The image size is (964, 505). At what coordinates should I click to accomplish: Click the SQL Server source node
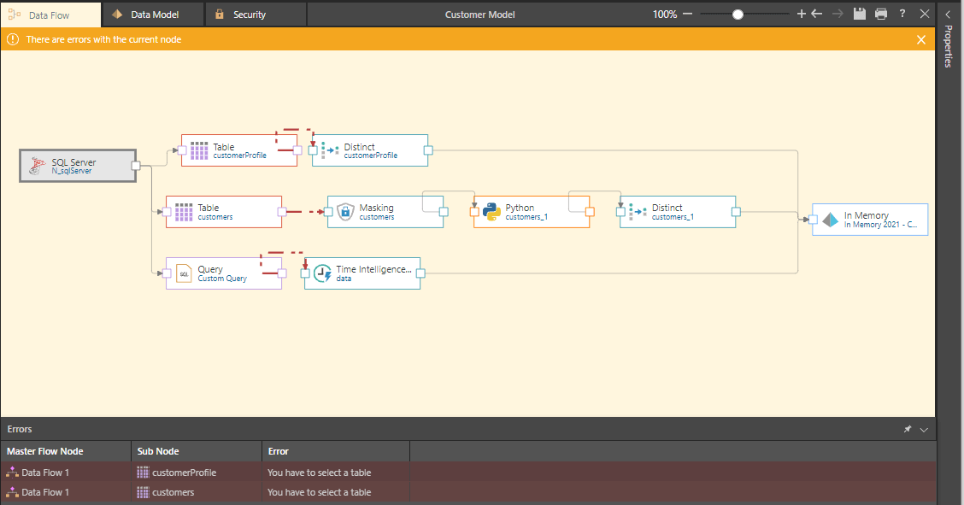78,166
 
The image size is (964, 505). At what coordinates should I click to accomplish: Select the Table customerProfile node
239,150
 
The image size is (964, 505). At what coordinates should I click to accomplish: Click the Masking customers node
385,212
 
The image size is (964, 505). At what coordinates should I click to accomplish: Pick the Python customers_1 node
532,212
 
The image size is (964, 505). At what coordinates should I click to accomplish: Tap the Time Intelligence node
362,273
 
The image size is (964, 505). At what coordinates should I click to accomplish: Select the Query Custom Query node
224,273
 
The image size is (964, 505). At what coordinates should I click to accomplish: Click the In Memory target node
870,220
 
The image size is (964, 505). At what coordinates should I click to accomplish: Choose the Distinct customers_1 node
678,212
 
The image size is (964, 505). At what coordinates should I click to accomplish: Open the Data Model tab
153,15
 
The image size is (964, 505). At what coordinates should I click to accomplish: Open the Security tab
256,15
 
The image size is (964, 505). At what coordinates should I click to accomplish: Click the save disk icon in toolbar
860,14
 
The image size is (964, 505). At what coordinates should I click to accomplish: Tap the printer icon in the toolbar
881,14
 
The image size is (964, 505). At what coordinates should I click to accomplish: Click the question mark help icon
902,14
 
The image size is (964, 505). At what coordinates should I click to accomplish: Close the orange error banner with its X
921,39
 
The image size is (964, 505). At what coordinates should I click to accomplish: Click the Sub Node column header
158,451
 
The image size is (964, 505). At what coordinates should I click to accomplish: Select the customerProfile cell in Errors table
184,473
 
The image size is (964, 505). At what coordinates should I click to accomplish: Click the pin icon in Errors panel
908,429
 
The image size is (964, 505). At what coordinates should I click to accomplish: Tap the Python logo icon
491,211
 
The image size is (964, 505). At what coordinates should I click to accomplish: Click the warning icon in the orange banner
12,39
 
